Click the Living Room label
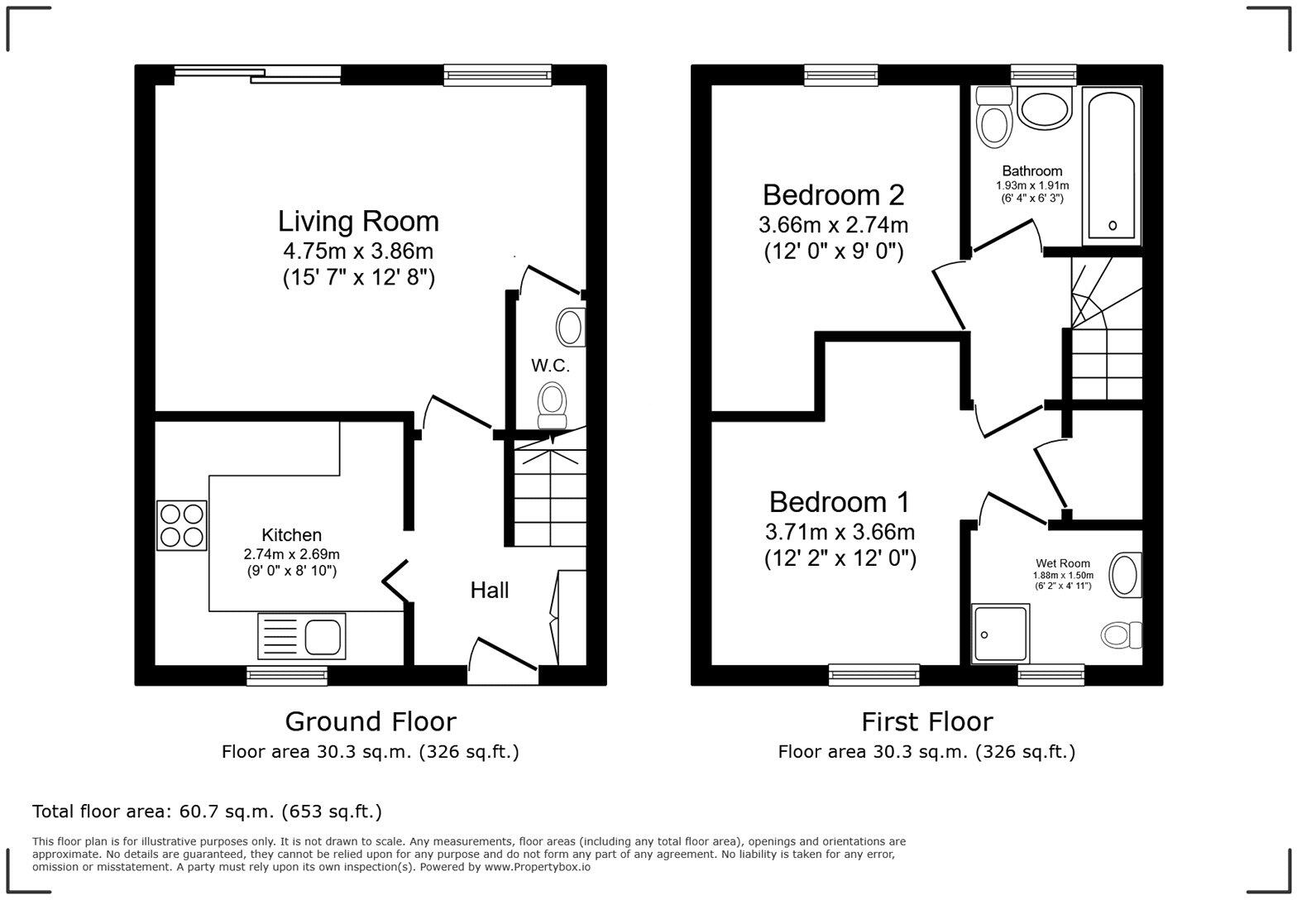pos(358,222)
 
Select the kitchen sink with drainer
pos(302,636)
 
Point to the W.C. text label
pos(550,365)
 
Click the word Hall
pos(490,590)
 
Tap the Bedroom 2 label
pos(833,195)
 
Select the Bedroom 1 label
pos(839,502)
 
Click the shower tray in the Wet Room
pos(1001,634)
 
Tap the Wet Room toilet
pos(1121,635)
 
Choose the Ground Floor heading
pos(370,721)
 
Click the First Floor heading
pos(926,721)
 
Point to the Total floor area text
pos(207,811)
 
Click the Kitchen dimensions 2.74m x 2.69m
pos(291,554)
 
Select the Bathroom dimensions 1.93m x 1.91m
pos(1031,185)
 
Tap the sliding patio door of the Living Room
pos(258,75)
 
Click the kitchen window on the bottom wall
pos(287,676)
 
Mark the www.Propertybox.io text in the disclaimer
pos(537,867)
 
